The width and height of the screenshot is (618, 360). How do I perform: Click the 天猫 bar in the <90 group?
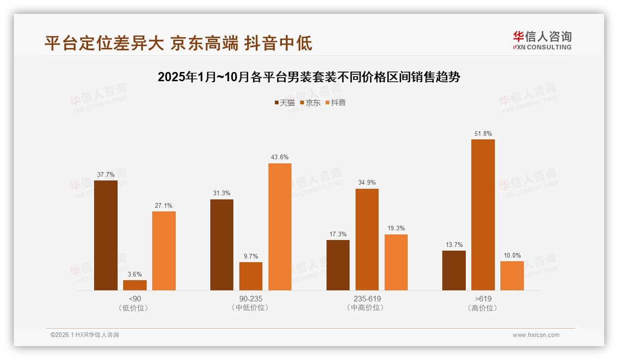click(x=106, y=235)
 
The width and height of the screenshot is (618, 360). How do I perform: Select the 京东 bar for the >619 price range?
click(x=483, y=215)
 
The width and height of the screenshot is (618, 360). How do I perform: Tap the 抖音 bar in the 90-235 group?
click(x=280, y=227)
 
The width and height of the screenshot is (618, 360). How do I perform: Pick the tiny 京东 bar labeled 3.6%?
click(x=135, y=285)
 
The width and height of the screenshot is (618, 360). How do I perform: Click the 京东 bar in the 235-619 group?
click(x=367, y=239)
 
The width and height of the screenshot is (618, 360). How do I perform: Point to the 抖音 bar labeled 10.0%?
click(x=512, y=276)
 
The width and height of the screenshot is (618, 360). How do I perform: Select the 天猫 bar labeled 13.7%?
click(x=454, y=270)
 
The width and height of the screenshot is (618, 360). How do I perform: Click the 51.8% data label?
click(x=483, y=134)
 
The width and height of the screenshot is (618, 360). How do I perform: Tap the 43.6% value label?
click(x=280, y=157)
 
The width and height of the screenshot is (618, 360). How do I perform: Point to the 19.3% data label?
click(x=396, y=228)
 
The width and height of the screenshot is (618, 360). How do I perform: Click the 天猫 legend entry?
click(x=285, y=103)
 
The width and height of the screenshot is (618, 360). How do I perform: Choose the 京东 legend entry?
click(x=310, y=103)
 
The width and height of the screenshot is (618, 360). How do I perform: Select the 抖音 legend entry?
click(x=336, y=103)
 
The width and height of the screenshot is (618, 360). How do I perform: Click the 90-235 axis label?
click(x=250, y=299)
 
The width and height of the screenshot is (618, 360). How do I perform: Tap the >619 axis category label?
click(x=483, y=299)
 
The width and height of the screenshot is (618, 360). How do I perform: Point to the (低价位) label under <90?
click(x=134, y=308)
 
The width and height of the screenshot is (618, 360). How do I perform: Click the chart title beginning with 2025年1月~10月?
click(x=309, y=77)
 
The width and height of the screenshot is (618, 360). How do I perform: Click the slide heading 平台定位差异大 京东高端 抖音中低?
click(x=178, y=43)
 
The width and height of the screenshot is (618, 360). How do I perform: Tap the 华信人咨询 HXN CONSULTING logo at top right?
click(x=542, y=40)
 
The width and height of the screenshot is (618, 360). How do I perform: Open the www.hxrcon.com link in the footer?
click(x=536, y=335)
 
